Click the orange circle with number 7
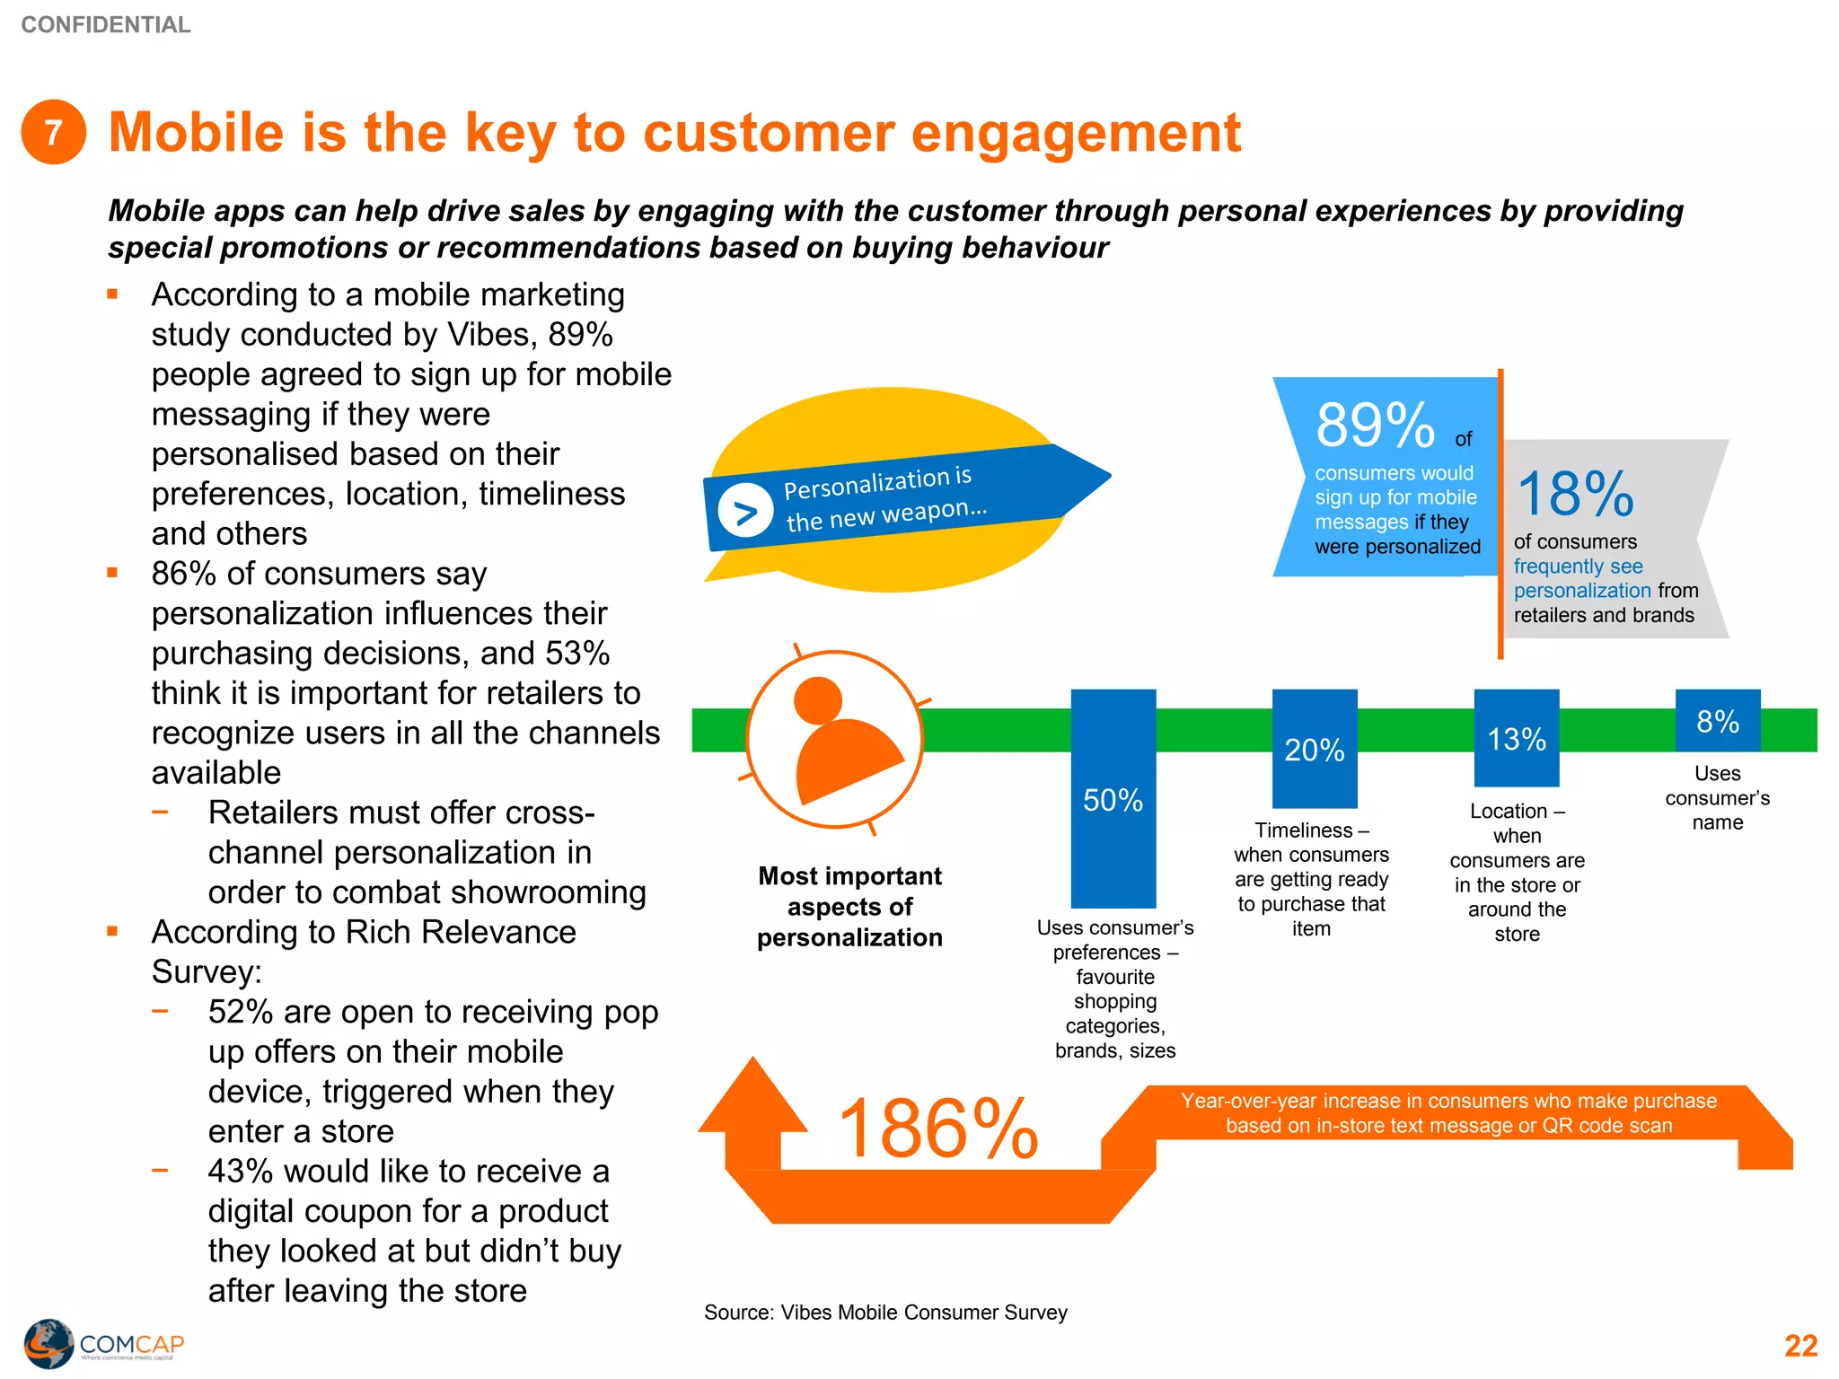(54, 132)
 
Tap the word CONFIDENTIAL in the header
(106, 24)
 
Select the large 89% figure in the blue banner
(1375, 425)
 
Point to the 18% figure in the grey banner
(1575, 494)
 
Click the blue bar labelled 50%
(1113, 799)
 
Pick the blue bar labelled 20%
(1314, 749)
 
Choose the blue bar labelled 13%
(1516, 738)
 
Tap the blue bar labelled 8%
(1717, 721)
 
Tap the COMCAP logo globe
(48, 1343)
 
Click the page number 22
(1800, 1345)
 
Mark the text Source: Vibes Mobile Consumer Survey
(885, 1312)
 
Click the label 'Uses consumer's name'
(1717, 797)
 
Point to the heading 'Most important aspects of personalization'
(849, 906)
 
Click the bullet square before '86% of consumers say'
(113, 573)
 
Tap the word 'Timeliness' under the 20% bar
(1303, 830)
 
